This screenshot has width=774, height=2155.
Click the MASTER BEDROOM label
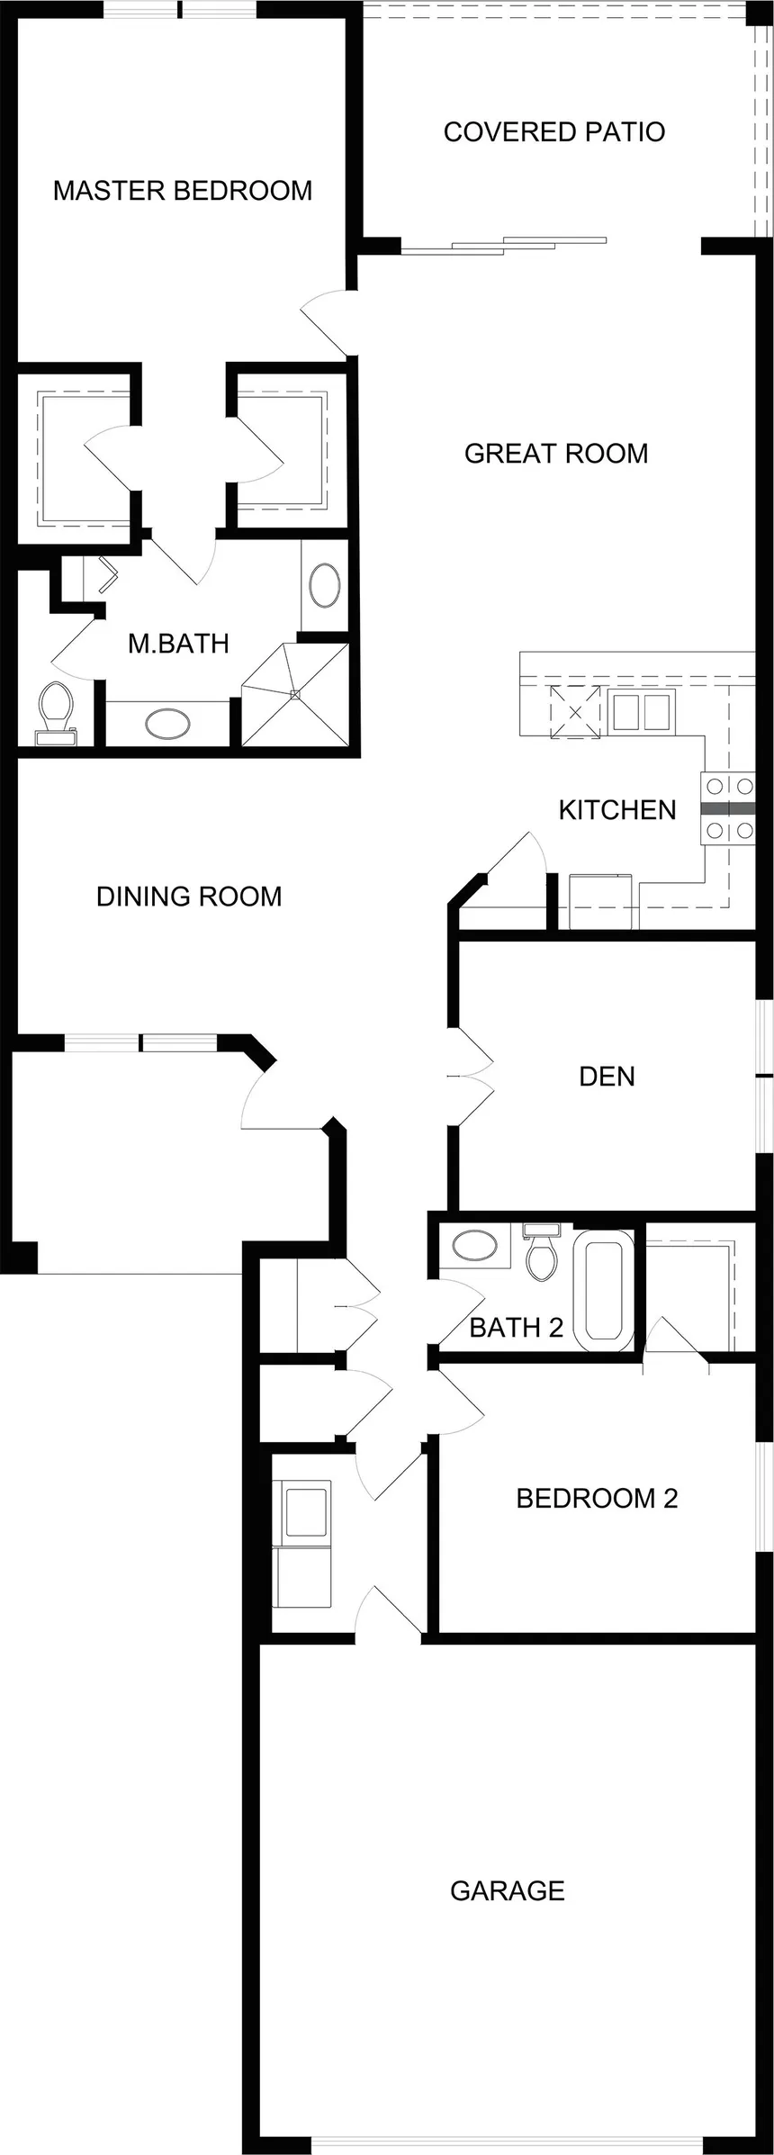click(x=183, y=191)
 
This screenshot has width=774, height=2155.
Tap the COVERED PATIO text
click(x=554, y=132)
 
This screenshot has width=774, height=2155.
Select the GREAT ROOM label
click(x=556, y=453)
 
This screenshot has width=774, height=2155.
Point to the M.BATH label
click(x=178, y=644)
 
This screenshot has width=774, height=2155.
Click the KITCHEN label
click(x=617, y=810)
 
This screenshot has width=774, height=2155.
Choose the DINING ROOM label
click(x=189, y=897)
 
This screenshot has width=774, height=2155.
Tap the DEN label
click(x=607, y=1077)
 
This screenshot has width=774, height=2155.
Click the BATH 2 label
click(x=517, y=1327)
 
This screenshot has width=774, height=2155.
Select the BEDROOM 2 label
click(x=597, y=1498)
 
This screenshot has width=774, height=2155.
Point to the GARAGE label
click(x=508, y=1890)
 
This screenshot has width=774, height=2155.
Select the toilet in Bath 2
click(x=543, y=1251)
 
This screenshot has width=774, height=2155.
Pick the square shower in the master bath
click(x=294, y=694)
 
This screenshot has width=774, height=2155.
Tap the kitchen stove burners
click(x=729, y=808)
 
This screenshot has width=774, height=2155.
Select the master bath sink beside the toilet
click(x=168, y=724)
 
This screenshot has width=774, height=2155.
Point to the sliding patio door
click(x=504, y=245)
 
